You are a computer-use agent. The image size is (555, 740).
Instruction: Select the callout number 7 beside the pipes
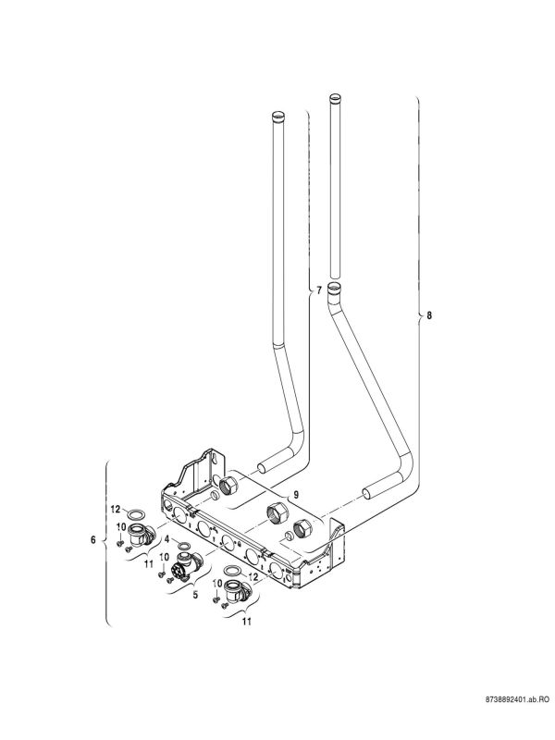pos(319,290)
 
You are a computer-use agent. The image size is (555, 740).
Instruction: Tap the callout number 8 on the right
pos(427,316)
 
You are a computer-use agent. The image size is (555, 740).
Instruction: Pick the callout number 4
pos(166,536)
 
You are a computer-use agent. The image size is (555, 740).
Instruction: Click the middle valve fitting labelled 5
pos(186,563)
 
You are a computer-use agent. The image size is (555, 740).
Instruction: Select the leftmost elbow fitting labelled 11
pos(140,534)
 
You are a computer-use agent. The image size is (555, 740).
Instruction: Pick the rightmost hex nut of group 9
pos(301,530)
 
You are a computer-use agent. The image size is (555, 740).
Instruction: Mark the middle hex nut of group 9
pos(275,514)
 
